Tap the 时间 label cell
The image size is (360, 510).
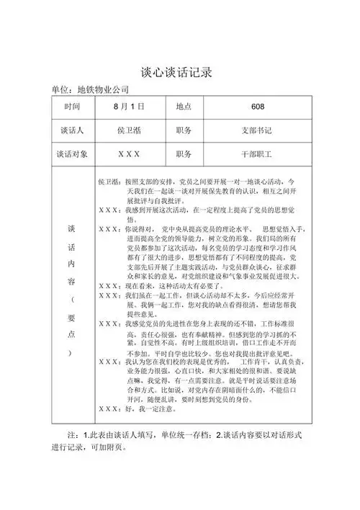tap(72, 107)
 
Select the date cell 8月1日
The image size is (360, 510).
tap(129, 107)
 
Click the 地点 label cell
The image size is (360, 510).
tap(184, 107)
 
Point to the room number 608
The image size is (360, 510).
tap(258, 107)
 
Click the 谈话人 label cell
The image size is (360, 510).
tap(72, 131)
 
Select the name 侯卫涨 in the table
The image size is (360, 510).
tap(129, 131)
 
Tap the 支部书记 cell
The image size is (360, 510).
tap(258, 131)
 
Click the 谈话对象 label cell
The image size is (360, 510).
tap(72, 154)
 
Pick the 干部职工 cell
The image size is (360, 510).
tap(258, 154)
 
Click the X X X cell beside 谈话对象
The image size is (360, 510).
tap(129, 154)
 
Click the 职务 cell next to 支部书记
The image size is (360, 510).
tap(184, 131)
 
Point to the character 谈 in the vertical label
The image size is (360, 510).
tap(72, 228)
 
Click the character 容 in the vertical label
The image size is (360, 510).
tap(72, 277)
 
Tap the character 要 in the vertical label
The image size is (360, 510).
tap(72, 318)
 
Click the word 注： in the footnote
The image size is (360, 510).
tap(73, 437)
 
